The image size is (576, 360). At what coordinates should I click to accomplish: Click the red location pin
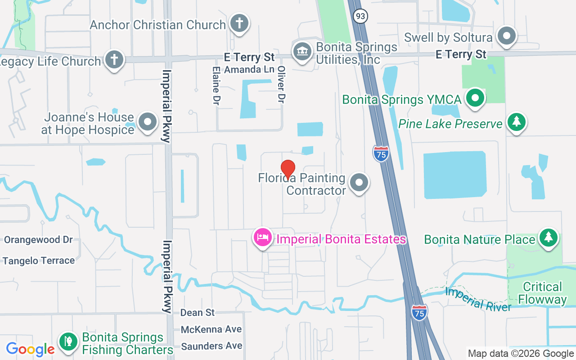point(288,170)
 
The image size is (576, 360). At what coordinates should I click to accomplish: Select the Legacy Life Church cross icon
point(114,60)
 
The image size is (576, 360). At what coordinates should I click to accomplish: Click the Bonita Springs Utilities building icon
point(302,51)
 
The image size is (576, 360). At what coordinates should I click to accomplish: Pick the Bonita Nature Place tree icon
point(548,237)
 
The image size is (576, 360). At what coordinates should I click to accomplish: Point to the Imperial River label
point(478,299)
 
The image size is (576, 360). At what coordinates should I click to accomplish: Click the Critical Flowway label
point(542,293)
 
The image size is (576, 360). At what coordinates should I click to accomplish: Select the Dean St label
point(198,312)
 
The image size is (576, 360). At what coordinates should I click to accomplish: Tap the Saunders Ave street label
point(211,346)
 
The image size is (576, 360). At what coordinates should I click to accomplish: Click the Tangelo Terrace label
point(39,261)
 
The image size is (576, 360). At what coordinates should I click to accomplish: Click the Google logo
point(30,349)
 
